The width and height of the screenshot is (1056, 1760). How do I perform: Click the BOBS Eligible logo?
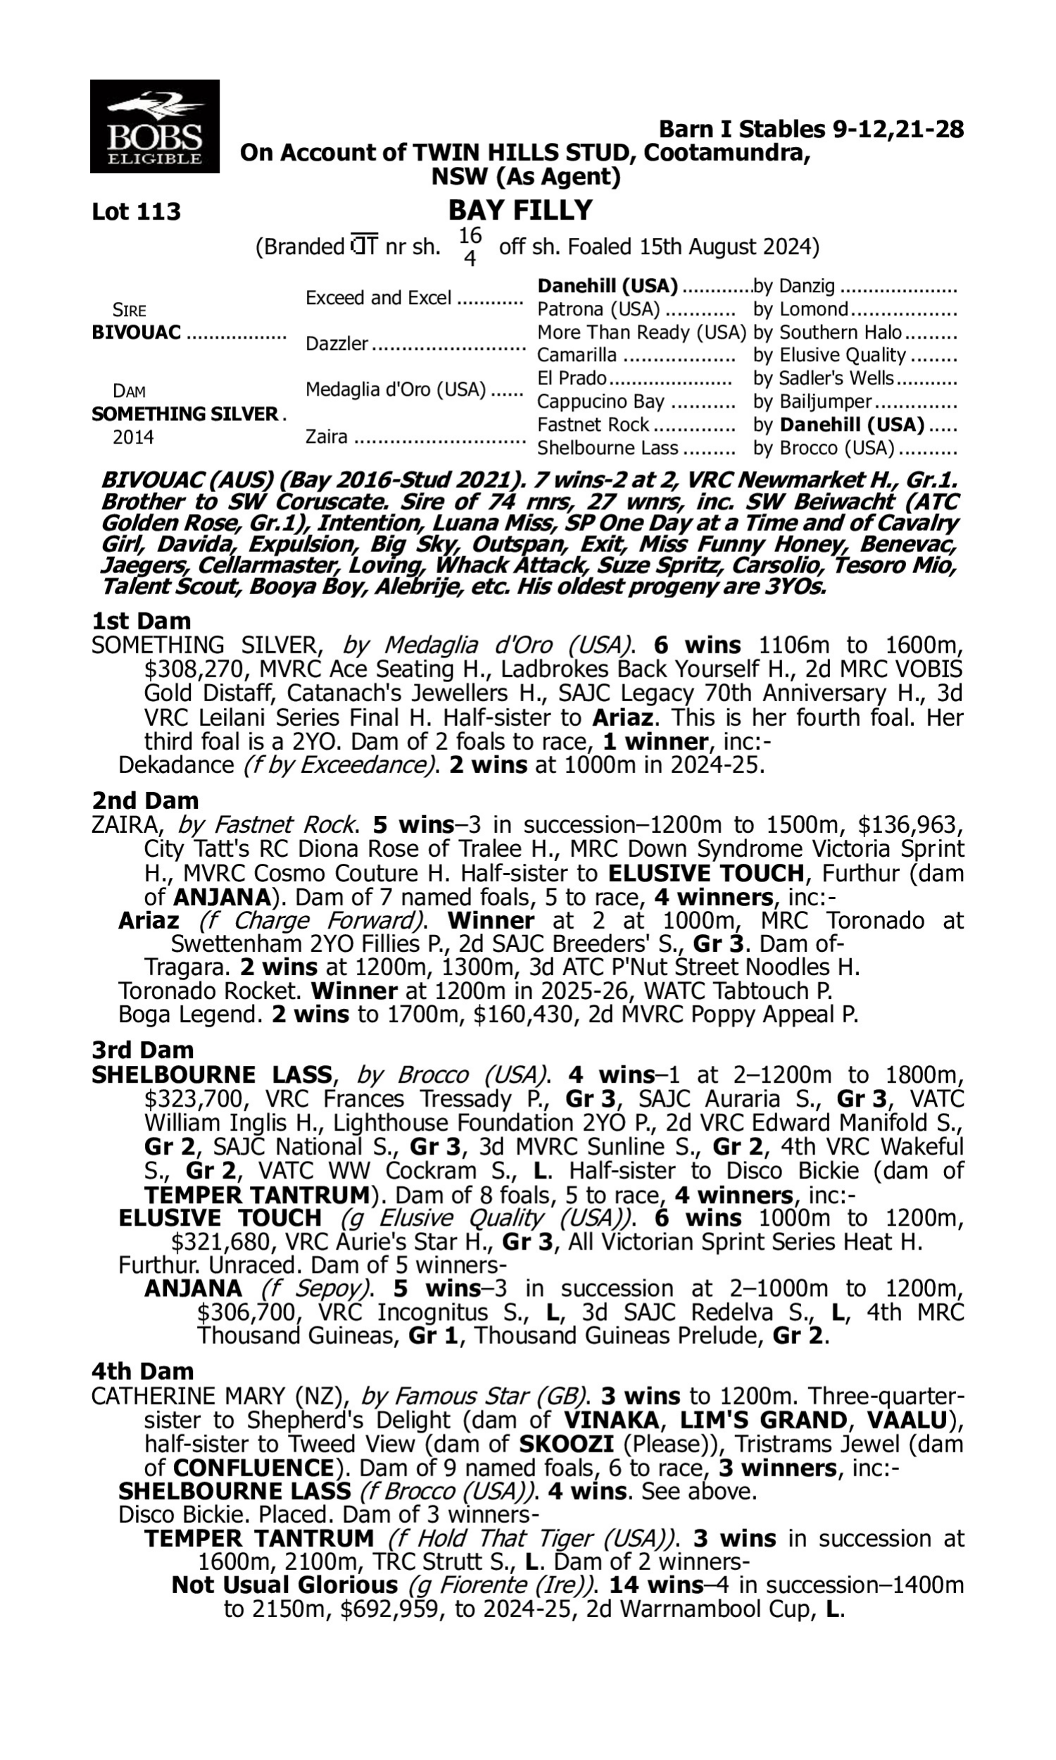tap(154, 126)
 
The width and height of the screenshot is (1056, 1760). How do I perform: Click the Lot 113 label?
tap(136, 212)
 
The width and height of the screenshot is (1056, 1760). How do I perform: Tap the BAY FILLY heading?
tap(520, 210)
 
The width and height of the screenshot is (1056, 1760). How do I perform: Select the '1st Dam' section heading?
tap(141, 621)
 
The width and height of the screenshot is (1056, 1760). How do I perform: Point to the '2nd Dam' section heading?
tap(144, 800)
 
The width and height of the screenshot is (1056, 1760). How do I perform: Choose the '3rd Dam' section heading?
tap(142, 1050)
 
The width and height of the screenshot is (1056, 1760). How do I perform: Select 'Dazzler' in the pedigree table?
tap(337, 344)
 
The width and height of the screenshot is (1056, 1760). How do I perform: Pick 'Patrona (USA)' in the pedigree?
tap(598, 310)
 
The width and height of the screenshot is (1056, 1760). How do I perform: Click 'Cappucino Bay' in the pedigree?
tap(601, 402)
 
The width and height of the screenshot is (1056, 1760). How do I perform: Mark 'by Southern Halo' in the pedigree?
tap(828, 333)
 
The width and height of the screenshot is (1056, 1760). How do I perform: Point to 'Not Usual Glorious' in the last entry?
tap(284, 1585)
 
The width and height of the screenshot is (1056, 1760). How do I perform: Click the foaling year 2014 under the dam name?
tap(133, 437)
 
